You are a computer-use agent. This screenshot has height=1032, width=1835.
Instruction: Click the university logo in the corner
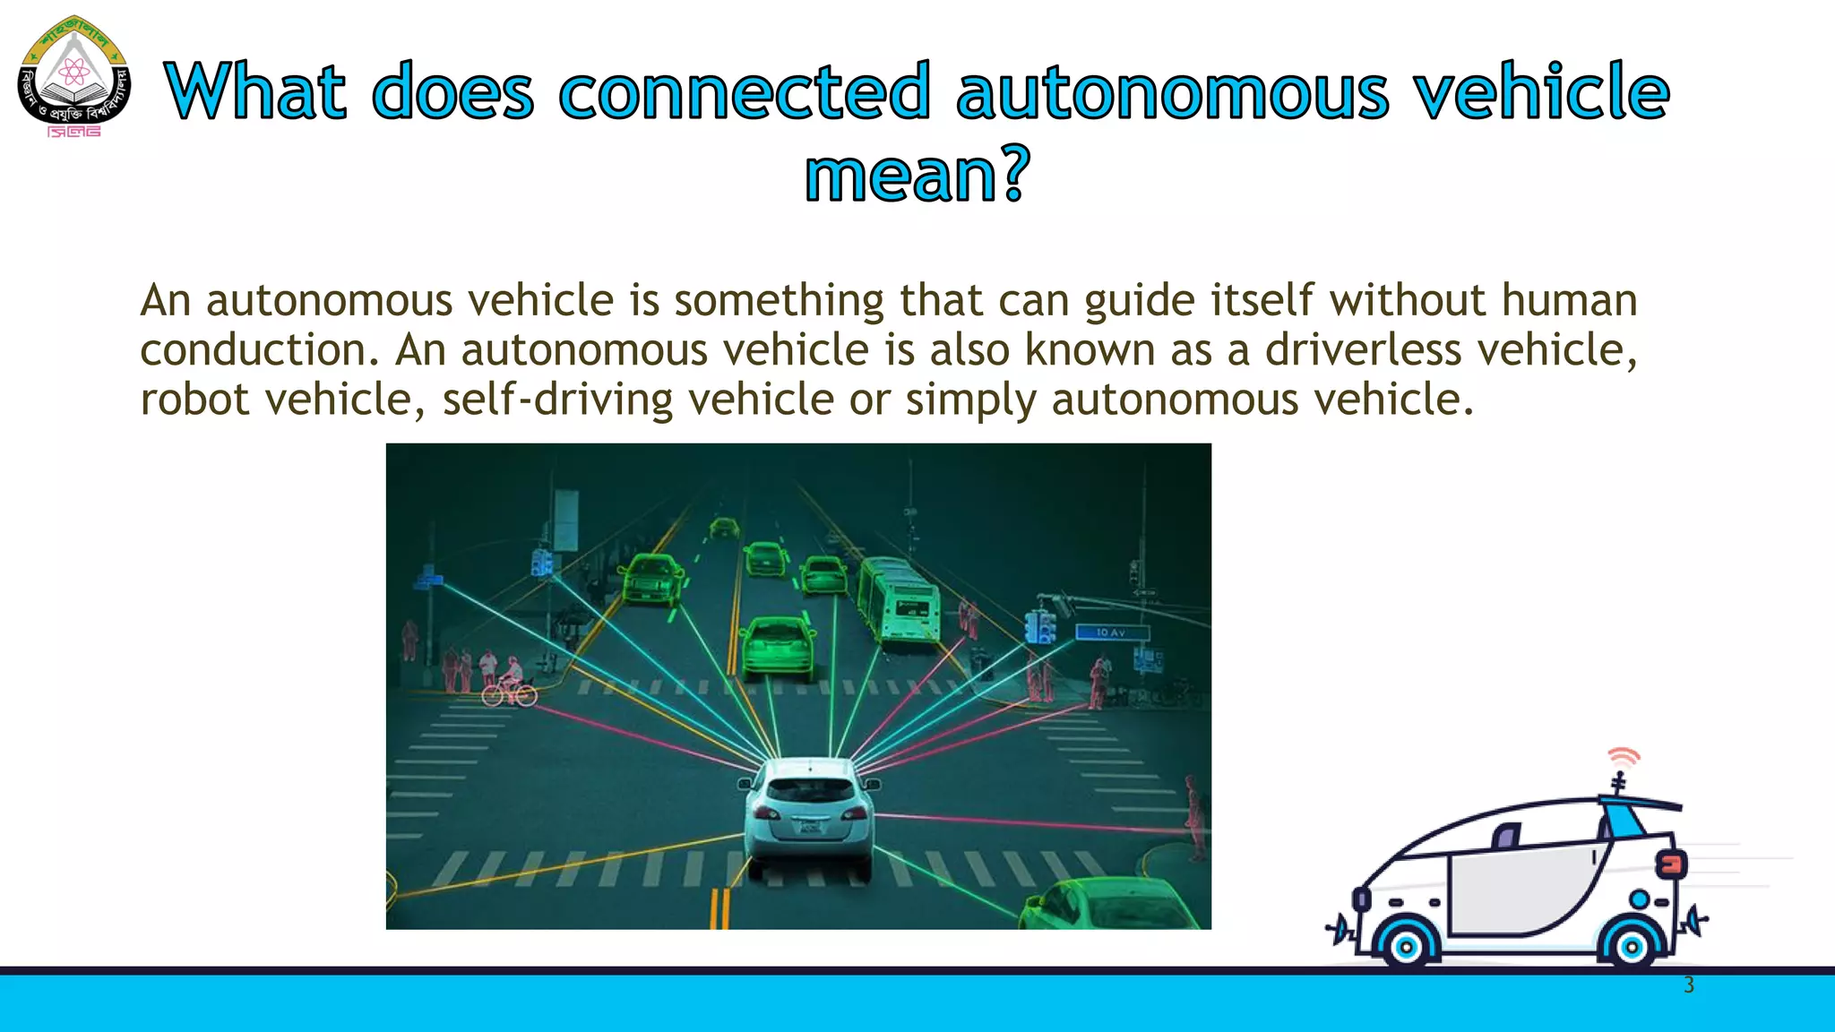pyautogui.click(x=74, y=77)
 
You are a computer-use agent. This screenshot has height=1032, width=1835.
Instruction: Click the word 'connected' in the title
pyautogui.click(x=744, y=91)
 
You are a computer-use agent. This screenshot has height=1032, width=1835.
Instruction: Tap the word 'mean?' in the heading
pyautogui.click(x=917, y=175)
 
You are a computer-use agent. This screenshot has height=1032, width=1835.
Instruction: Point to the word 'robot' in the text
pyautogui.click(x=194, y=399)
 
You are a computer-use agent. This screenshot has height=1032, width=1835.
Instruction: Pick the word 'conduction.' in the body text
pyautogui.click(x=261, y=349)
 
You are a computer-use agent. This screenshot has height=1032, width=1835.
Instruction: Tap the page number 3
pyautogui.click(x=1689, y=985)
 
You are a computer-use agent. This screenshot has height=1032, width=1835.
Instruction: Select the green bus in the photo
pyautogui.click(x=899, y=598)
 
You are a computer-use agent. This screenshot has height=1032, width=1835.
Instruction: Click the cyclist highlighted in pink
pyautogui.click(x=510, y=683)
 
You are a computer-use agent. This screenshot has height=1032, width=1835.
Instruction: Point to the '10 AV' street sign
pyautogui.click(x=1111, y=632)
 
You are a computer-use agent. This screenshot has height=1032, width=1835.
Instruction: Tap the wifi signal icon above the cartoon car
pyautogui.click(x=1623, y=758)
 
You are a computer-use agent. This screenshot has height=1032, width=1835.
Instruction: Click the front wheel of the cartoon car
pyautogui.click(x=1406, y=945)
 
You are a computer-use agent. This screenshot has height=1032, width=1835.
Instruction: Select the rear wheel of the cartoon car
pyautogui.click(x=1632, y=945)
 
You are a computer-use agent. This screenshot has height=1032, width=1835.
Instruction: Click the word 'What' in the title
pyautogui.click(x=256, y=91)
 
